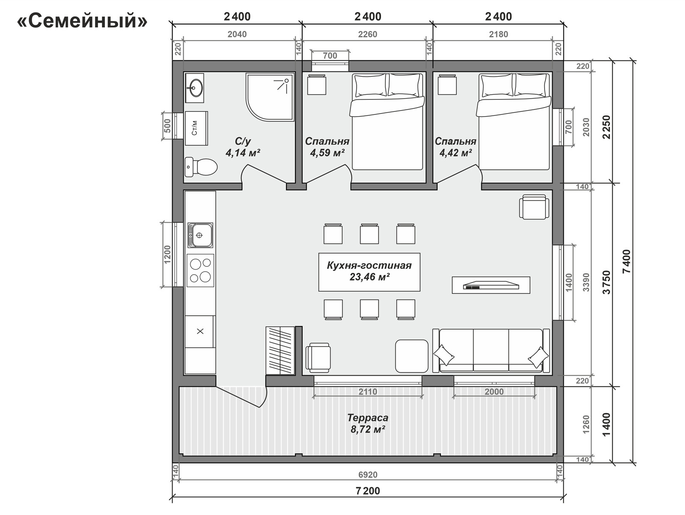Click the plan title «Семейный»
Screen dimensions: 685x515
(82, 21)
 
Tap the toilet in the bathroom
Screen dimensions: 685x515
(201, 167)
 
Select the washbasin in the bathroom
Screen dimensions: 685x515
(194, 88)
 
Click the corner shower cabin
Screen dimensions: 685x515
(270, 96)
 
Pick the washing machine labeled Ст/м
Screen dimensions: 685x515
(196, 128)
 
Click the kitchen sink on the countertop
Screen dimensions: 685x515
(200, 235)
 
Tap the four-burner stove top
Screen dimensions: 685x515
(200, 270)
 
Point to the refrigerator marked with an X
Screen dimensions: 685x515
(200, 331)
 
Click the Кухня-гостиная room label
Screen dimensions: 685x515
(369, 265)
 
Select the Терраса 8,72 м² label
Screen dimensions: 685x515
(368, 423)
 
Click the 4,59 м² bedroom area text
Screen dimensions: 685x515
(327, 153)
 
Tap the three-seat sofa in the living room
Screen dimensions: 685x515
(491, 351)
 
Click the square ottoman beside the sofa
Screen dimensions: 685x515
(411, 356)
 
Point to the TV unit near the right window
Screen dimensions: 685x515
(491, 285)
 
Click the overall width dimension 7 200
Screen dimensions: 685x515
(368, 491)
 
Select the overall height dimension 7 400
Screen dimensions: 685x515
(626, 261)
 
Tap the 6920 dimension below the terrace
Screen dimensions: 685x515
(368, 475)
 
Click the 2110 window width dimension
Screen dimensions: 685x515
(368, 392)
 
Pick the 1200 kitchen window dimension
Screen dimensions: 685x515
(167, 254)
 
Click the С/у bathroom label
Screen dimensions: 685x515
(243, 141)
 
